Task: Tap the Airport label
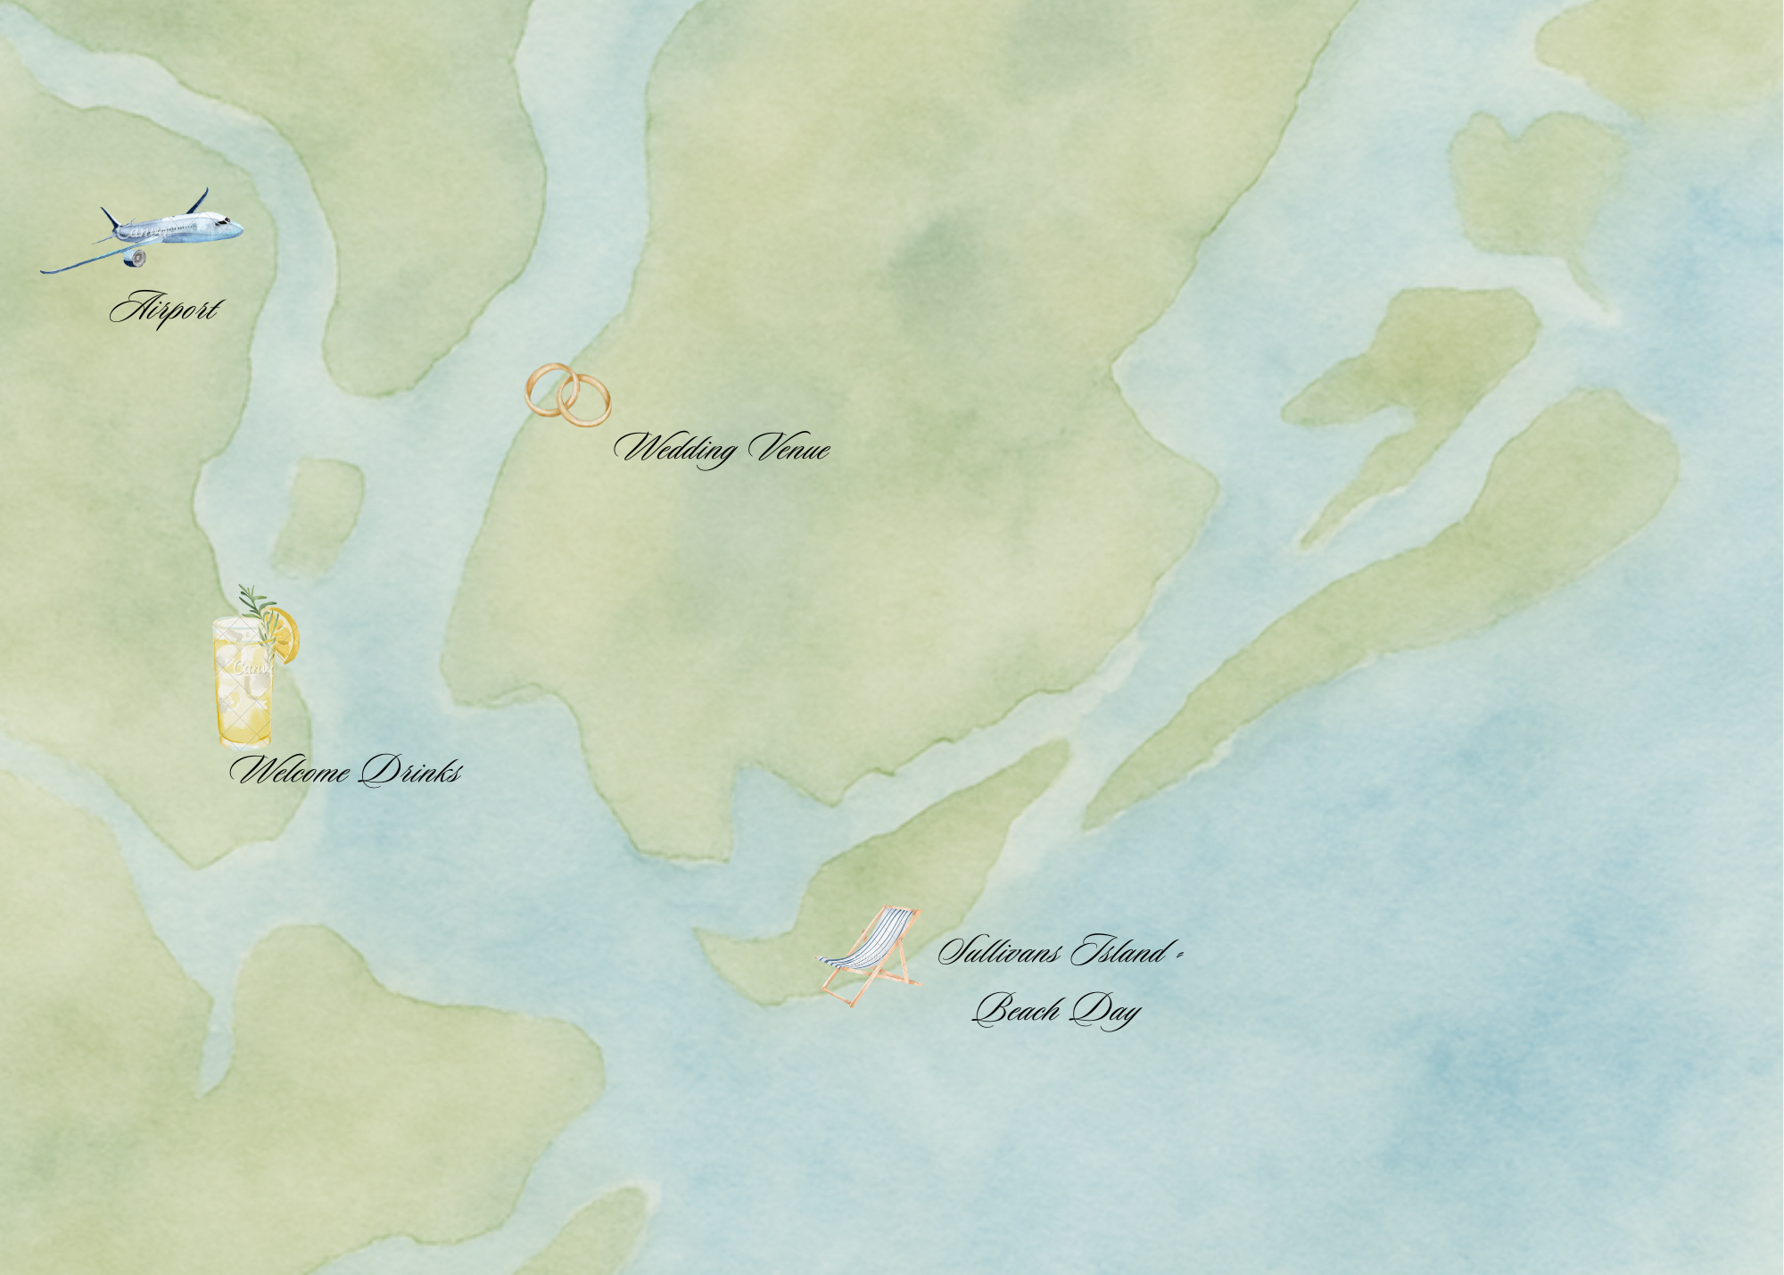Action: click(166, 309)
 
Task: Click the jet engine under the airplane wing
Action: click(137, 258)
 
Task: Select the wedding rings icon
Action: click(568, 395)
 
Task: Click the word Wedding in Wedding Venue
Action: click(676, 447)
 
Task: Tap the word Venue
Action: click(789, 447)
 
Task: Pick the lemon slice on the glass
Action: click(285, 634)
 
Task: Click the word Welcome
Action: click(290, 770)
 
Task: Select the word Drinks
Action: click(411, 770)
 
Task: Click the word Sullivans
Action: click(999, 952)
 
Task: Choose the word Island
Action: click(1120, 952)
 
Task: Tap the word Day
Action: click(1106, 1010)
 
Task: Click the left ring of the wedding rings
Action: click(549, 389)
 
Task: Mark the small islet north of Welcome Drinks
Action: click(318, 516)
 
